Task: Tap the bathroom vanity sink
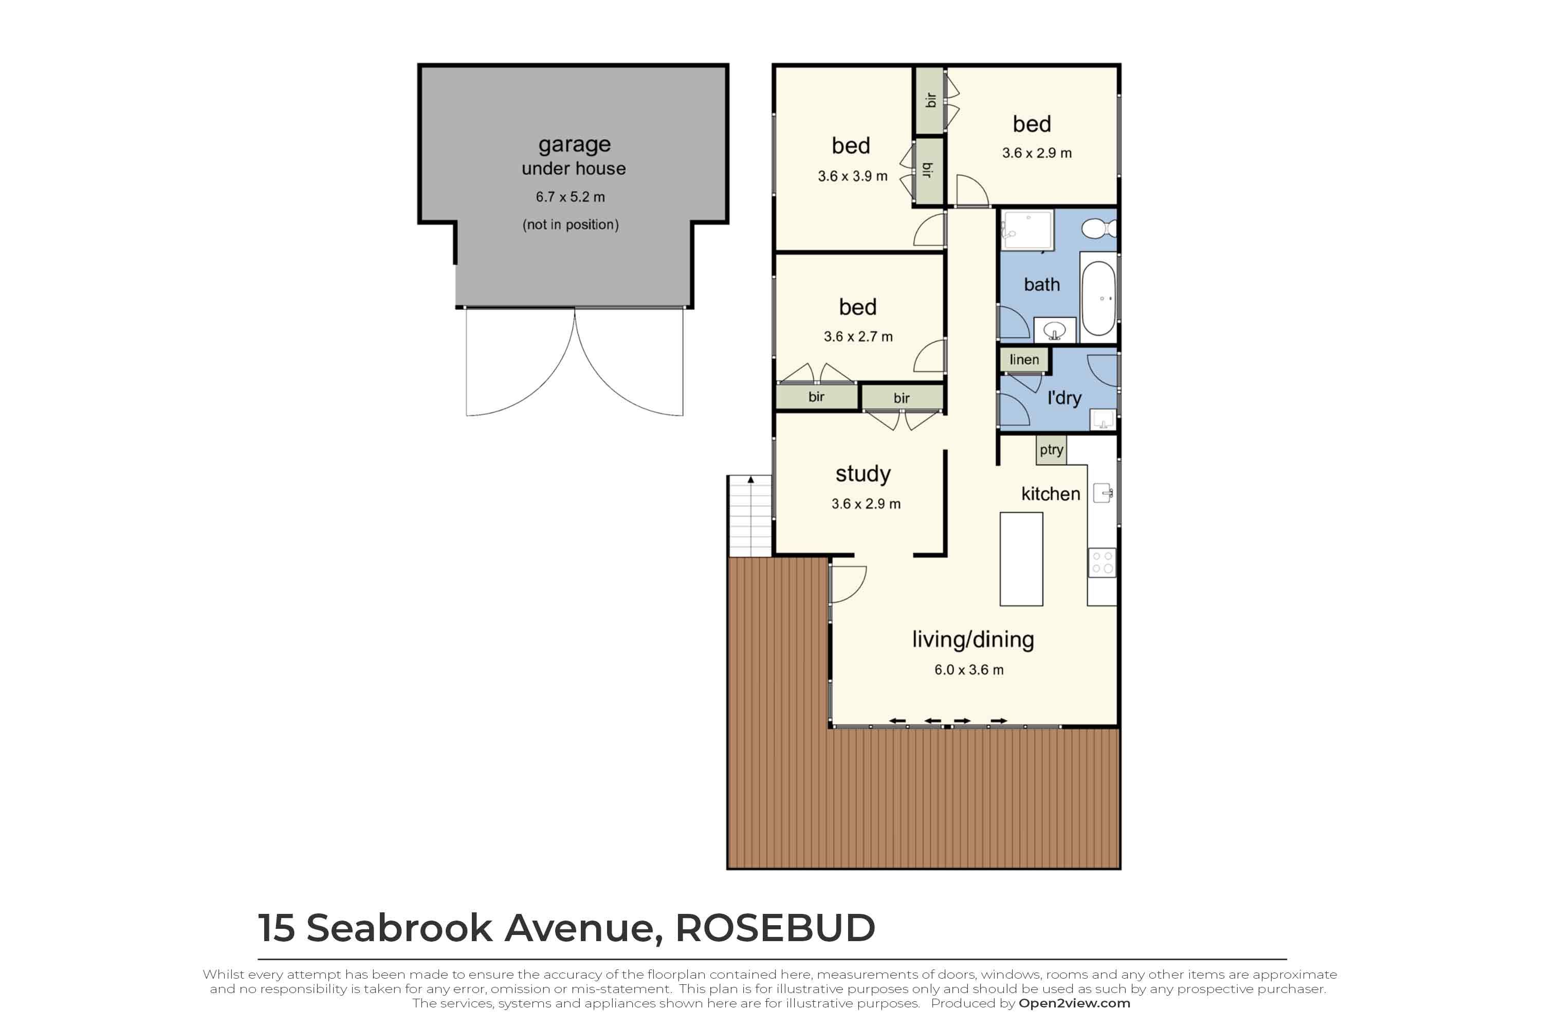point(1054,330)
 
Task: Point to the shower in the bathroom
point(1027,229)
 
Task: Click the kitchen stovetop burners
point(1102,562)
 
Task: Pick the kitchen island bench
point(1021,559)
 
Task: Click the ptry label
point(1051,450)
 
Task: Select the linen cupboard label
point(1024,359)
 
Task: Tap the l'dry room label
point(1064,398)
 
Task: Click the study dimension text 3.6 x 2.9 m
point(866,504)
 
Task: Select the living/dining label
point(973,640)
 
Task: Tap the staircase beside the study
point(750,516)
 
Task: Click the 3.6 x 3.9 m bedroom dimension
point(852,176)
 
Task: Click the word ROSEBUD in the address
point(775,928)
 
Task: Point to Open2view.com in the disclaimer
point(1074,1003)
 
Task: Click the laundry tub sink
point(1103,419)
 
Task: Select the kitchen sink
point(1103,493)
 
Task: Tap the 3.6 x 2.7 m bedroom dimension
point(858,336)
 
